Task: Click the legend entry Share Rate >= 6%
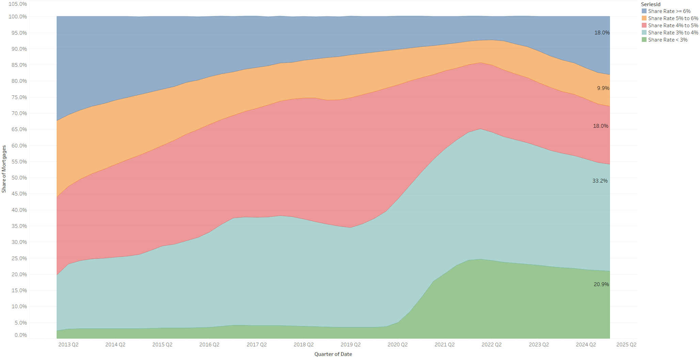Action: click(x=669, y=11)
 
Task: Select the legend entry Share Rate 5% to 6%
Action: click(x=673, y=18)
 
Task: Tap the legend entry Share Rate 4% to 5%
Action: click(x=673, y=26)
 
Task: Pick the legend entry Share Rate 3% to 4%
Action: click(x=673, y=33)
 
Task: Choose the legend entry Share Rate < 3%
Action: click(x=667, y=40)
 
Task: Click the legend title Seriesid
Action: click(x=651, y=4)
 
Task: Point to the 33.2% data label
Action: click(x=600, y=181)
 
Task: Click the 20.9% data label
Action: click(x=601, y=284)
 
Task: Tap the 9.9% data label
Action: click(x=603, y=88)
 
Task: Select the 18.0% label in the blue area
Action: click(x=602, y=33)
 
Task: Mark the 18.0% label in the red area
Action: click(x=601, y=126)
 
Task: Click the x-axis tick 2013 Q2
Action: click(x=68, y=345)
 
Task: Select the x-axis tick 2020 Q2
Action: click(x=397, y=345)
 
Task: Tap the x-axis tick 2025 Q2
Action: click(x=626, y=345)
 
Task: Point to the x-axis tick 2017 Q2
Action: click(x=256, y=345)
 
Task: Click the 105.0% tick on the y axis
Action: click(x=18, y=4)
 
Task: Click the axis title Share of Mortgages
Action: click(x=4, y=169)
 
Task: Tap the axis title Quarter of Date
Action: click(x=333, y=354)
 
